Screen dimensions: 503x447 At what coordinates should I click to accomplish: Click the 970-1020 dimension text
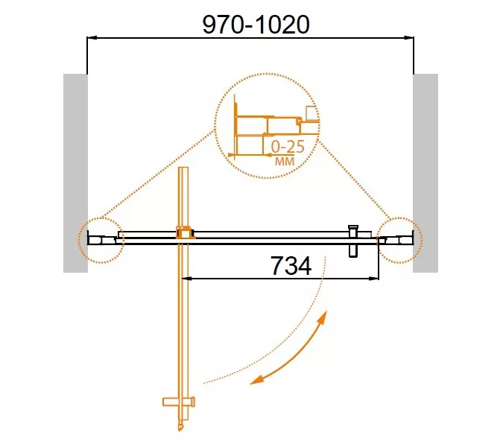click(256, 25)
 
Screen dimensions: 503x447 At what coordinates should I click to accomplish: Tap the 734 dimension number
click(291, 265)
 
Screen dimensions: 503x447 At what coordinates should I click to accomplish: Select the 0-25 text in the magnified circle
click(288, 147)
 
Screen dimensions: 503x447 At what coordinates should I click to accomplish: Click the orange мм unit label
click(285, 161)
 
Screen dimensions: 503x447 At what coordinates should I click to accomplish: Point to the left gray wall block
click(75, 173)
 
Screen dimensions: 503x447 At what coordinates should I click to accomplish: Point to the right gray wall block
click(426, 173)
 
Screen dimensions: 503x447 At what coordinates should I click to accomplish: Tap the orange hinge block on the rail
click(185, 232)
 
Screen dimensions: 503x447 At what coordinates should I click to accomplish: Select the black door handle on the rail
click(353, 241)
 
